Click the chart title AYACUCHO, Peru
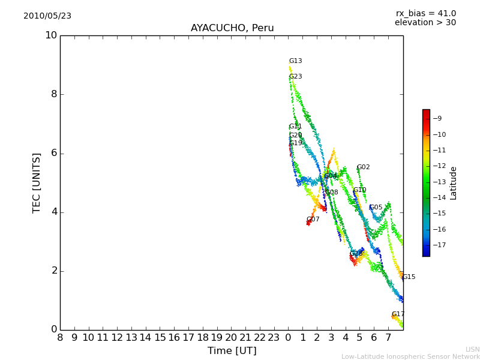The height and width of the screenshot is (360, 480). tap(232, 28)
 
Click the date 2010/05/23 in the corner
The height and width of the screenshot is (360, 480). tap(47, 16)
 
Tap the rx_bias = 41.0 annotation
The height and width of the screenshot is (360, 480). tap(425, 14)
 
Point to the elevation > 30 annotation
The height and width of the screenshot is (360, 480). tap(425, 23)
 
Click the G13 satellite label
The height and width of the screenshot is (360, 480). tap(295, 61)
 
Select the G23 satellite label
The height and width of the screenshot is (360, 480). tap(295, 77)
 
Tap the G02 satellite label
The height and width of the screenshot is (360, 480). tap(363, 167)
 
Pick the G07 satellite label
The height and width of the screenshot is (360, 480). tap(313, 220)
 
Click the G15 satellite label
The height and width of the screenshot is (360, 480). tap(409, 277)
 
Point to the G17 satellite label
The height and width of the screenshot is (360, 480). tap(398, 314)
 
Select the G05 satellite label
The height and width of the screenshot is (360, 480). tap(376, 208)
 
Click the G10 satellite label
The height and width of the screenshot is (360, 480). tap(359, 190)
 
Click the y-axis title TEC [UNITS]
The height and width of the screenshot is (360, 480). tap(37, 182)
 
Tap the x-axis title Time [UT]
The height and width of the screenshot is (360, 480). tap(232, 351)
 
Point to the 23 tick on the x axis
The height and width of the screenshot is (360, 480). tap(274, 338)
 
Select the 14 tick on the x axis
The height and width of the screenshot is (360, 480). tap(146, 338)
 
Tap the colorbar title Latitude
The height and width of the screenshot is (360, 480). tap(454, 183)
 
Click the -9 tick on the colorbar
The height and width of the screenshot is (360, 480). tap(437, 119)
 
